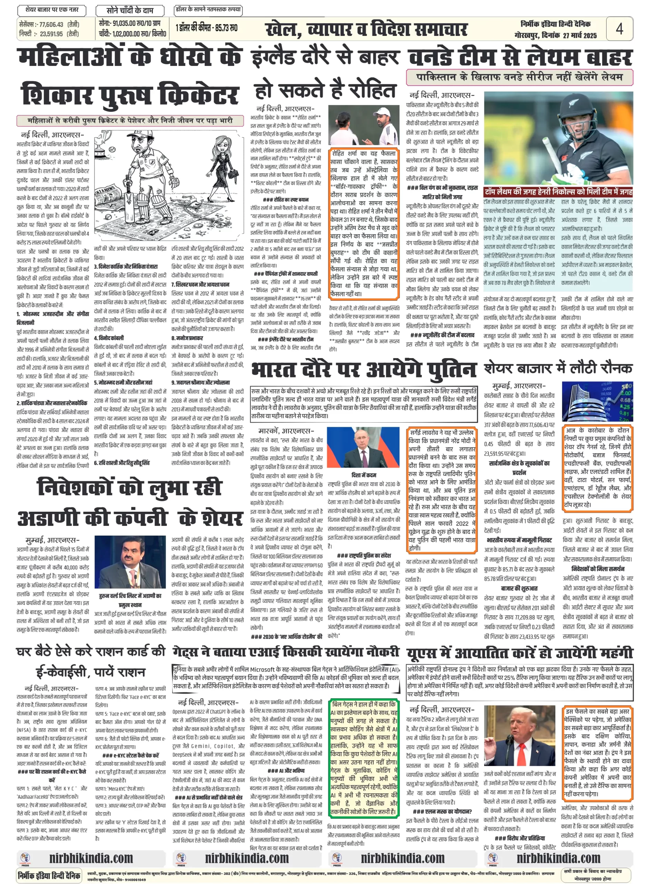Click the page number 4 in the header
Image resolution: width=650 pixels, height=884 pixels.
pyautogui.click(x=619, y=29)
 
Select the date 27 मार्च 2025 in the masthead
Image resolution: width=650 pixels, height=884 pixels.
pyautogui.click(x=580, y=36)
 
